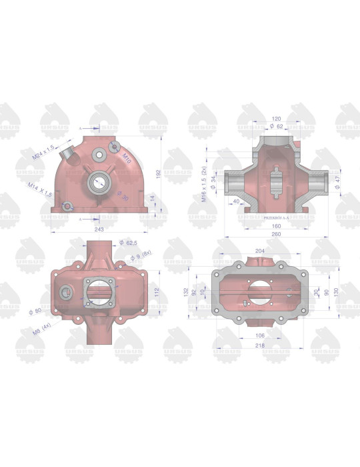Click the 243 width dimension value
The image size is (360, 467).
[x=99, y=229]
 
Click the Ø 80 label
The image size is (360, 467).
[x=37, y=312]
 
